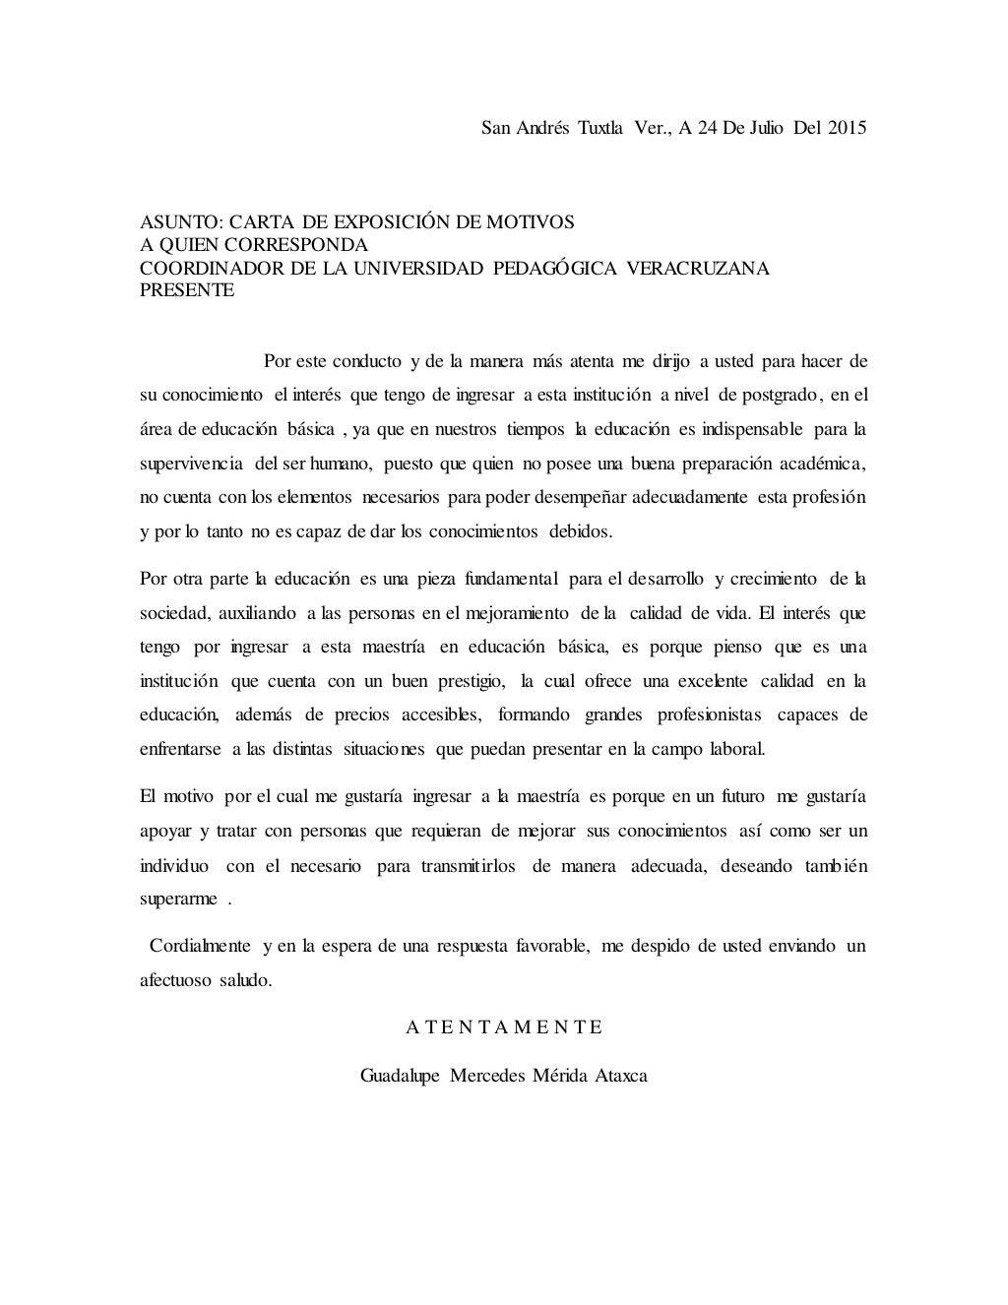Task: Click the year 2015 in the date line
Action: pos(847,128)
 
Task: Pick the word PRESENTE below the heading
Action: pos(187,290)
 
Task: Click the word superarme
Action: pos(178,901)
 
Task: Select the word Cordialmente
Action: pos(200,946)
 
